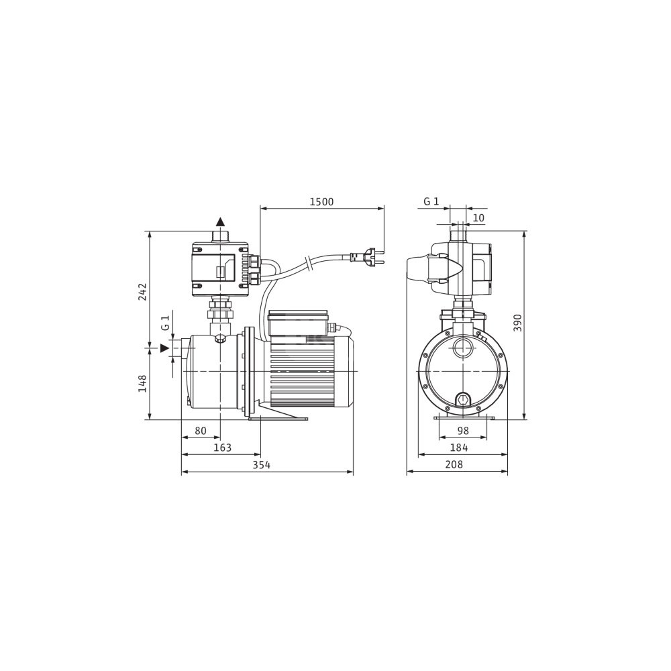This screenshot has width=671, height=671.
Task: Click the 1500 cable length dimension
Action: [321, 201]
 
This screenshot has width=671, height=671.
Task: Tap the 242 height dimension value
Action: [142, 291]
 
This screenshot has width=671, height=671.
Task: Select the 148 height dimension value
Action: [142, 383]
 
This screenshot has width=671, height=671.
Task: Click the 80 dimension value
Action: [201, 431]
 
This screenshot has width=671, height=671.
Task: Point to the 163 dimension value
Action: [223, 448]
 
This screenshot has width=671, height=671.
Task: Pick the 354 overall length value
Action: [262, 465]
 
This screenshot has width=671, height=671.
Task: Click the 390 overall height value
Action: [518, 323]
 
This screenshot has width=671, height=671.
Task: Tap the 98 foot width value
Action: [463, 431]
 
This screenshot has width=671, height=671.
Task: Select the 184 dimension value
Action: [459, 448]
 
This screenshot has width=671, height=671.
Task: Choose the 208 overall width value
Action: [454, 464]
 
